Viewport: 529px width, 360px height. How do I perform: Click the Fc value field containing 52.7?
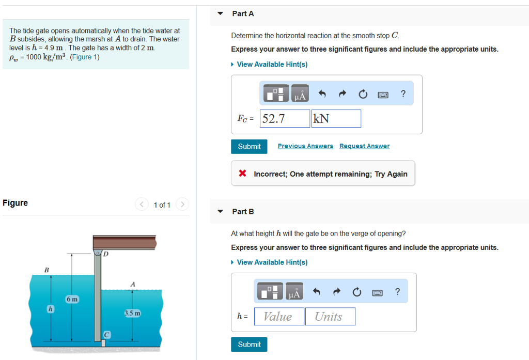285,119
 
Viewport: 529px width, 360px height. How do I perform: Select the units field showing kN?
336,119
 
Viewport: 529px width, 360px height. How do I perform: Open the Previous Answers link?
305,146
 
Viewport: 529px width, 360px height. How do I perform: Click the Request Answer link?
364,146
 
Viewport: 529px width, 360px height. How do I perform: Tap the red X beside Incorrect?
242,174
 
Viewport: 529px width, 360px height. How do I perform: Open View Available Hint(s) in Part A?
272,64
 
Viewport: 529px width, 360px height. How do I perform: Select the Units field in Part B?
330,317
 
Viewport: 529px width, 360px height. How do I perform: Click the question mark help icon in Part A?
403,93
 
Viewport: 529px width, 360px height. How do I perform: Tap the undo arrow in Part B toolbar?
317,292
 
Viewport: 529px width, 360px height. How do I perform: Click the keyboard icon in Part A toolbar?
383,94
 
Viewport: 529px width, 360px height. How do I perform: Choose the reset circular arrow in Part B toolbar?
356,292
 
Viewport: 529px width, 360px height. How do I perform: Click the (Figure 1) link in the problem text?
84,57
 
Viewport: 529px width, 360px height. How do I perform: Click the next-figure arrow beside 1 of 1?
182,205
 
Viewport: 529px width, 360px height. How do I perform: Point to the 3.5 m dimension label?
133,314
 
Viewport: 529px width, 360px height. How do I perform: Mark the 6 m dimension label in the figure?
72,300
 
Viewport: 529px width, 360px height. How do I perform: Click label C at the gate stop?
106,334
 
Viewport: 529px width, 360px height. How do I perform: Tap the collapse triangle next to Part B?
221,211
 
